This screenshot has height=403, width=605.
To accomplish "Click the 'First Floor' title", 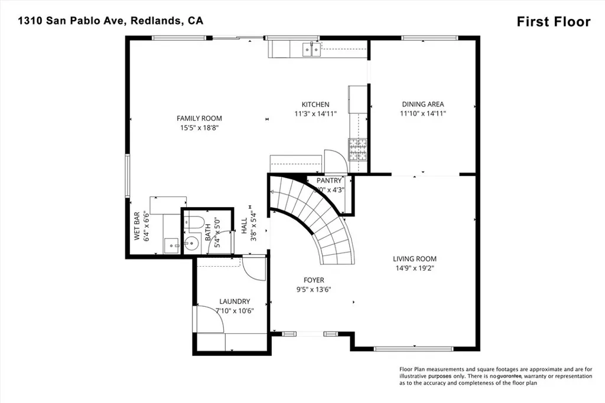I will [x=553, y=22].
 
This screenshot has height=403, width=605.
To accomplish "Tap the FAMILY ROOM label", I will [x=199, y=119].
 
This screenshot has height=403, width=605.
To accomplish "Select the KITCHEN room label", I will [x=315, y=104].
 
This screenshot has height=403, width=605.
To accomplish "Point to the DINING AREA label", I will [x=422, y=104].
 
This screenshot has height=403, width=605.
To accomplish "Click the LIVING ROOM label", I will [x=415, y=258].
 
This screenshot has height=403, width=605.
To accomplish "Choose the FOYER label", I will [x=314, y=280].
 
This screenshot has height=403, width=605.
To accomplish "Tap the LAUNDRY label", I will [x=235, y=302].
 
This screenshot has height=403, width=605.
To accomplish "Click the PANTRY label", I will [x=329, y=181].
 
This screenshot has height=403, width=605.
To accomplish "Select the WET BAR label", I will [x=136, y=226].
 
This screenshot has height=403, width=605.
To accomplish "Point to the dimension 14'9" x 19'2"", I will [x=415, y=268].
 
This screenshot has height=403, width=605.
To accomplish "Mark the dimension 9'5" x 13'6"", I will [x=314, y=290].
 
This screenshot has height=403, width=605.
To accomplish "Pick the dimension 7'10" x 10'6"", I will [x=235, y=311].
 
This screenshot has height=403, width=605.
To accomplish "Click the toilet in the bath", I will [x=194, y=222].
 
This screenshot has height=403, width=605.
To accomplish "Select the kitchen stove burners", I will [x=357, y=149].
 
